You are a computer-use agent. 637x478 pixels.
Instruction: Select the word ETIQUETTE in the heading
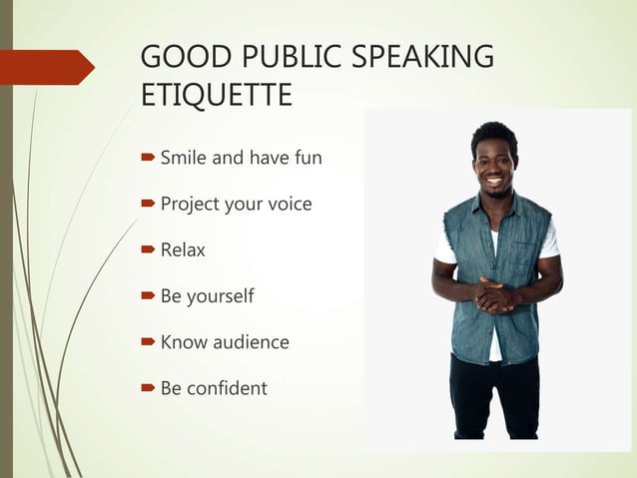tap(217, 96)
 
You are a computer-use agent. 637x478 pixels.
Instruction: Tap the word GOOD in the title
tap(179, 57)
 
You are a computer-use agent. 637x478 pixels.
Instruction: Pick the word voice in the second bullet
tap(288, 205)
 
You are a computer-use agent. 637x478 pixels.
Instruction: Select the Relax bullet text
tap(183, 250)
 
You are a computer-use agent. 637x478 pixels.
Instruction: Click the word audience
tap(250, 342)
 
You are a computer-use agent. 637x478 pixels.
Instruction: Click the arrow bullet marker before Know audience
tap(148, 342)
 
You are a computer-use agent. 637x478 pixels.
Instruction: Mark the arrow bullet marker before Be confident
tap(148, 388)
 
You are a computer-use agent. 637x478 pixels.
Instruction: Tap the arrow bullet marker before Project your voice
tap(148, 205)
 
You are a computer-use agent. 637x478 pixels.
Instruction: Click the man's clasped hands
tap(495, 295)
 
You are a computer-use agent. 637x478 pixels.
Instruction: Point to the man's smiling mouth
tap(494, 182)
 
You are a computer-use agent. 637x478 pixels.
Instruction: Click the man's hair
tap(493, 136)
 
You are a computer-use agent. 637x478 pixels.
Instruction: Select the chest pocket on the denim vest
tap(522, 245)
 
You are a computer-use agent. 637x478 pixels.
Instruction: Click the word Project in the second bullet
tap(192, 205)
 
